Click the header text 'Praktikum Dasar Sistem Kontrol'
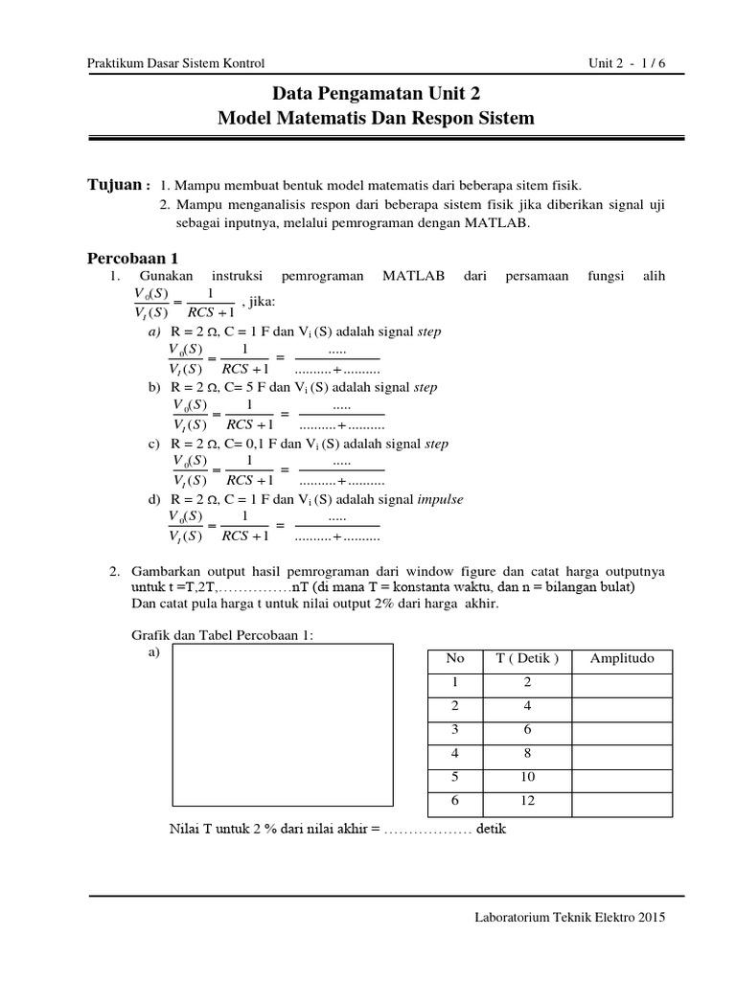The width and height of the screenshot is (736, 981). [175, 63]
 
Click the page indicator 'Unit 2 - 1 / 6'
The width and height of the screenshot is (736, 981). [626, 63]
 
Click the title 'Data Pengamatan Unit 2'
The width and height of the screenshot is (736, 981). [377, 94]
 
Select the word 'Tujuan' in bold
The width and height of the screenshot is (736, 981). [115, 184]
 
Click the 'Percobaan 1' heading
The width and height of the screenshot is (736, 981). [133, 258]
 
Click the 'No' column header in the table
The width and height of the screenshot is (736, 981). [455, 659]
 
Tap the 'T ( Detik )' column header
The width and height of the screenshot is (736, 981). [528, 659]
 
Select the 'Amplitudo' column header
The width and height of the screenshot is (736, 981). [621, 659]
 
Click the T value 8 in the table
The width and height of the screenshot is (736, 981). [528, 753]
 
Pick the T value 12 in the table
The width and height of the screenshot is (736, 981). [528, 800]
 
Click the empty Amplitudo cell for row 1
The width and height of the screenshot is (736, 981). [621, 682]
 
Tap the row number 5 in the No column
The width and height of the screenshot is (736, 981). [455, 776]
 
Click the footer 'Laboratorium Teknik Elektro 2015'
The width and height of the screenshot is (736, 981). [569, 917]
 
